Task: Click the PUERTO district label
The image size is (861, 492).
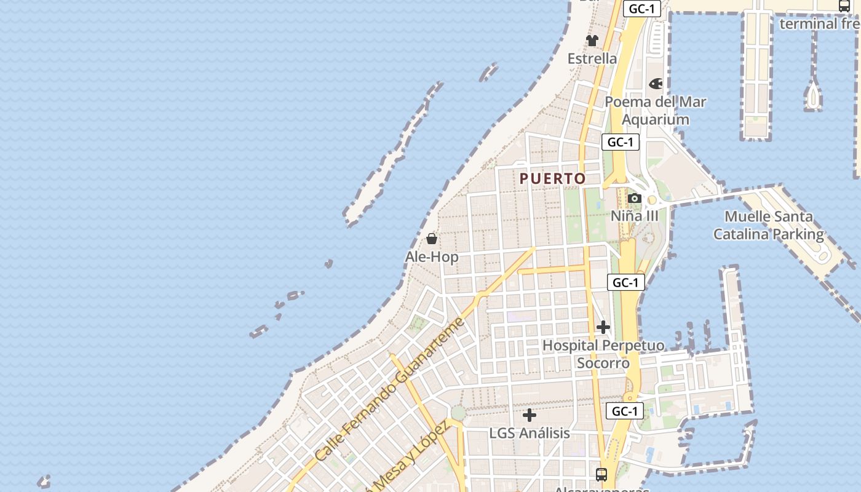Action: pyautogui.click(x=553, y=179)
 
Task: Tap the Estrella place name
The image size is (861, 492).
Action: pyautogui.click(x=592, y=58)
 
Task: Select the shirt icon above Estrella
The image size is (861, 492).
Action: pyautogui.click(x=592, y=41)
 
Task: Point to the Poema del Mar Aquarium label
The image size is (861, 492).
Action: pyautogui.click(x=656, y=110)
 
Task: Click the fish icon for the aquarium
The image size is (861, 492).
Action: pyautogui.click(x=656, y=84)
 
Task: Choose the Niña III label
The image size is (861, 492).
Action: pyautogui.click(x=634, y=216)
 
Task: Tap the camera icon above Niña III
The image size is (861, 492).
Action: pyautogui.click(x=634, y=198)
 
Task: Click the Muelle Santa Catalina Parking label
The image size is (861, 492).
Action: pyautogui.click(x=768, y=225)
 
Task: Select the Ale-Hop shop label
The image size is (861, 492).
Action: pyautogui.click(x=432, y=256)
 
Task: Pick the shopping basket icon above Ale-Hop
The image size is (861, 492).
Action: pyautogui.click(x=432, y=239)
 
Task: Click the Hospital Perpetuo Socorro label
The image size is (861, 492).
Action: pyautogui.click(x=603, y=354)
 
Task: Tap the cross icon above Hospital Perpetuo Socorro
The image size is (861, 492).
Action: pyautogui.click(x=603, y=327)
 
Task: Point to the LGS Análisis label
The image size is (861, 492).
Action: pyautogui.click(x=530, y=433)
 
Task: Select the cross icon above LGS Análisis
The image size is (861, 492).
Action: pyautogui.click(x=530, y=415)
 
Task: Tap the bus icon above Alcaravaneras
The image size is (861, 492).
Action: pyautogui.click(x=601, y=475)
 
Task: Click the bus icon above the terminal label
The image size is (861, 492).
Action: pyautogui.click(x=844, y=6)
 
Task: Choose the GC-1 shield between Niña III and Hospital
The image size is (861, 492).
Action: pyautogui.click(x=626, y=282)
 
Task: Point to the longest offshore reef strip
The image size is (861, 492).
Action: pyautogui.click(x=394, y=154)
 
